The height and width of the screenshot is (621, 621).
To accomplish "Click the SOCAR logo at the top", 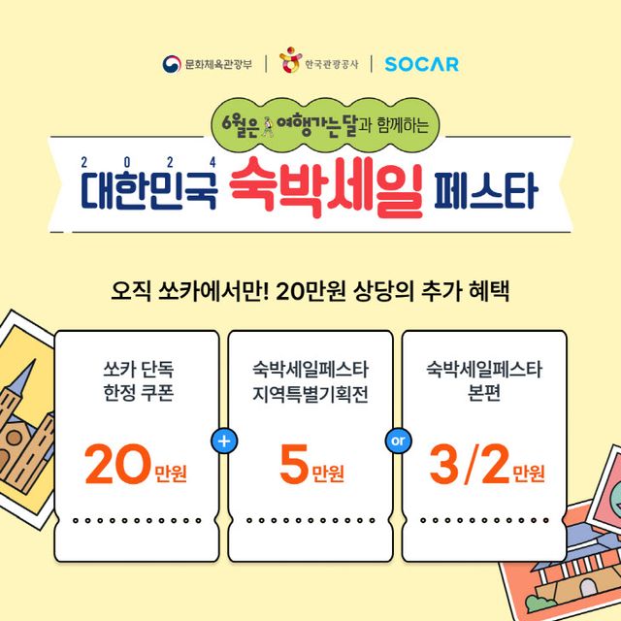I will pos(421,64).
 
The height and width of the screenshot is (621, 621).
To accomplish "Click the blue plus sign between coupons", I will pos(224,441).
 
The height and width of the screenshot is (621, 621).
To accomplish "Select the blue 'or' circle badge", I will pos(396,441).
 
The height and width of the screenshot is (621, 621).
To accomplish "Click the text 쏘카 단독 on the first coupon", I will pos(136,370).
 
